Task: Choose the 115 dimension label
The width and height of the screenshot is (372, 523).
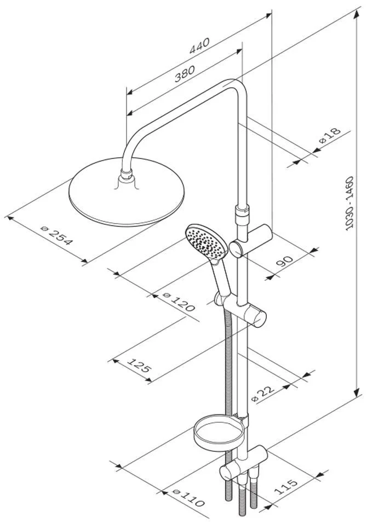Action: coord(286,486)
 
